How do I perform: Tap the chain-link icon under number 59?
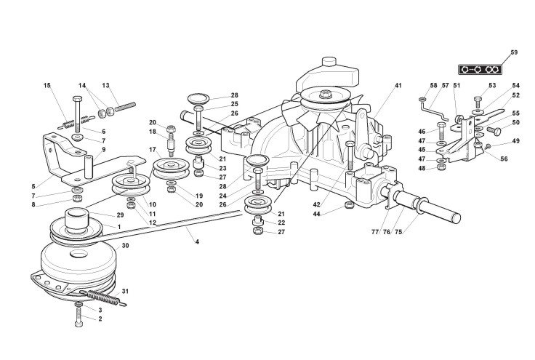(x=480, y=69)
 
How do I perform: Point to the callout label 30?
(x=125, y=246)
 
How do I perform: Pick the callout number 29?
(x=120, y=216)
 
